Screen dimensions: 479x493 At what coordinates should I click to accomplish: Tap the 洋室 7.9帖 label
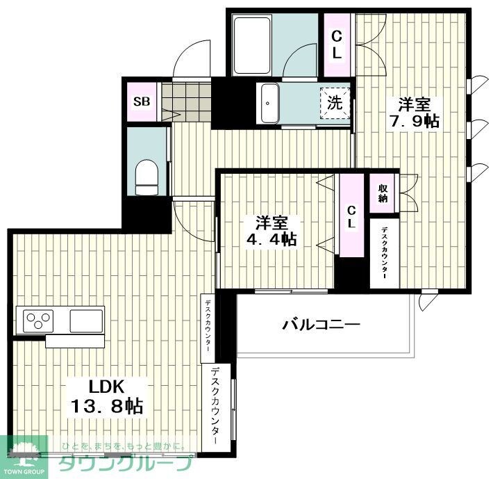415,113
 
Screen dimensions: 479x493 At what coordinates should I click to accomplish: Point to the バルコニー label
321,324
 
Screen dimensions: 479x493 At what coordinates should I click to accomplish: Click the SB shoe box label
142,102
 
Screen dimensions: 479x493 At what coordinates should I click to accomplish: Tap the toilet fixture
147,177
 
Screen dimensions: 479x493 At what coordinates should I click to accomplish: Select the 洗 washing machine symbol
335,104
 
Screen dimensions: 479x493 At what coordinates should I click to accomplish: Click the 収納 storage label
383,193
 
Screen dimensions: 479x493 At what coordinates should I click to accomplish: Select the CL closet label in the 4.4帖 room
352,216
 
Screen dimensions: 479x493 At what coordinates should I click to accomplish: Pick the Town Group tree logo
24,452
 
